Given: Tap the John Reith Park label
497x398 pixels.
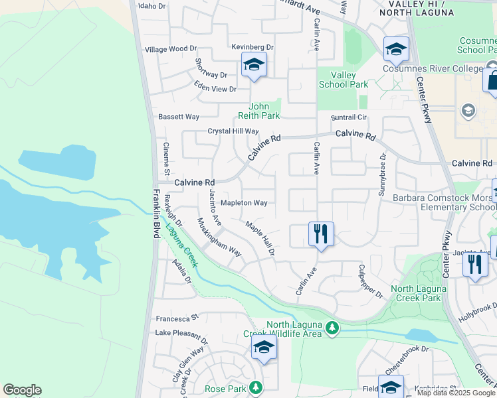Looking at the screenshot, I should point(264,110).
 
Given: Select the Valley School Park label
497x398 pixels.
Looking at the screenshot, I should point(344,80).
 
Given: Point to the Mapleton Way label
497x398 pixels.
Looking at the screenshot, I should point(244,203).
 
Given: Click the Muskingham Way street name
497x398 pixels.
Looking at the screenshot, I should point(219,237).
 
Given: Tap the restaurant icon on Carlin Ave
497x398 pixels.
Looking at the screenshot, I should point(321,234).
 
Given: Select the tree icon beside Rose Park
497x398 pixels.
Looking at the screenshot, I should point(254,387).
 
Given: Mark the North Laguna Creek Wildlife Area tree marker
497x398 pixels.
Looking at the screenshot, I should point(332,327).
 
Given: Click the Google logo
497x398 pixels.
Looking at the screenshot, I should point(22,390).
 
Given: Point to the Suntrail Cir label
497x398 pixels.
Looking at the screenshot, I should point(349,117).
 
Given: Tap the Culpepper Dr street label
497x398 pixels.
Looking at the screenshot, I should point(371,281).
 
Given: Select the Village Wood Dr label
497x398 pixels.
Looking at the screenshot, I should point(171,49).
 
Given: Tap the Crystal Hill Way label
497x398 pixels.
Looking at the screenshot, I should point(233,131).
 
